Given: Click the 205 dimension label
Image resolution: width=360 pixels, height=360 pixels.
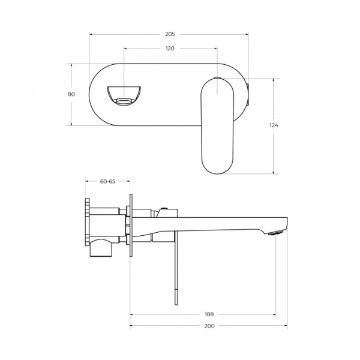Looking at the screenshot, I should pos(170,34).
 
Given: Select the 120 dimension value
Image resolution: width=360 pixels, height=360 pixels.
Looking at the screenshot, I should pos(170,49).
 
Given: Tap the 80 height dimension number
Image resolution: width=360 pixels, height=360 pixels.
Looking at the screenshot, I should pos(71,94).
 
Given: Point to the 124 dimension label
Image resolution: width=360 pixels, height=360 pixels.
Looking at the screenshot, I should pos(274,125).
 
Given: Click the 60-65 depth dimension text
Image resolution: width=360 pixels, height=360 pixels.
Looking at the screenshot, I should pos(108,181).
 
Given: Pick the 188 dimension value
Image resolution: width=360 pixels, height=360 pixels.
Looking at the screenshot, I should pos(209,314).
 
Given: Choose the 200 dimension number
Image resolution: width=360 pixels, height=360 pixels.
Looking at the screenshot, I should pos(209,326).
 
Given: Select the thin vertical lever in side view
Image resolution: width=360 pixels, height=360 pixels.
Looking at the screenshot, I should pos(175,270).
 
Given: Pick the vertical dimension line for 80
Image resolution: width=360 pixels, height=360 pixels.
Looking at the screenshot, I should pos(71,111).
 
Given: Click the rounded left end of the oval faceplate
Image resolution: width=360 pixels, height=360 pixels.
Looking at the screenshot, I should pos(95,95).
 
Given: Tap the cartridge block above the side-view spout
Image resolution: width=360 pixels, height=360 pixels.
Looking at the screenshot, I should pos(167,212).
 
